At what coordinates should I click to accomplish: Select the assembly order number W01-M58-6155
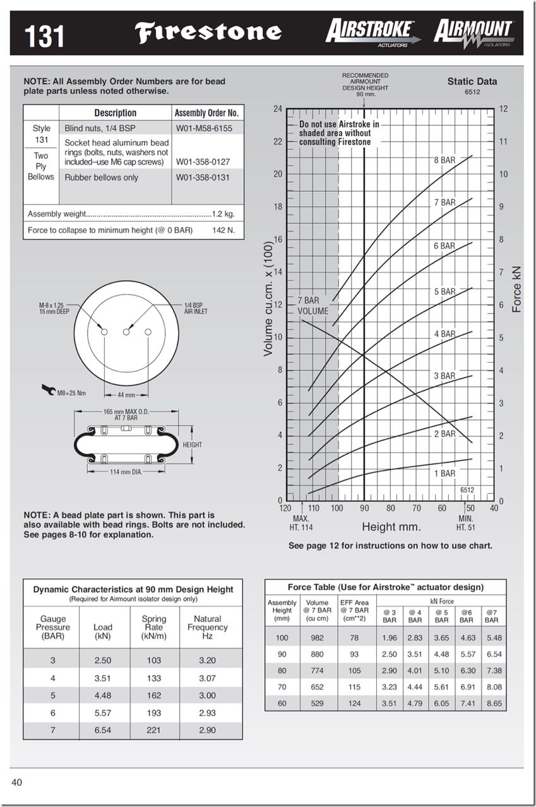pyautogui.click(x=204, y=128)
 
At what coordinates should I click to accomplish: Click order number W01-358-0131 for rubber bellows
pyautogui.click(x=203, y=177)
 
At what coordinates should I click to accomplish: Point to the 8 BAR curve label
pyautogui.click(x=444, y=160)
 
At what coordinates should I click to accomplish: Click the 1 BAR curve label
pyautogui.click(x=444, y=473)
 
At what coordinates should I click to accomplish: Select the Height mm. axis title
pyautogui.click(x=391, y=527)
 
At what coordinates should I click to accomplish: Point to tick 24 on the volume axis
pyautogui.click(x=278, y=109)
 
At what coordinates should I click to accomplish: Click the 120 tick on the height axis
pyautogui.click(x=285, y=508)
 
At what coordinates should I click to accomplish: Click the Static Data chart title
pyautogui.click(x=472, y=81)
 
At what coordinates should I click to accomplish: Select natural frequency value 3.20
pyautogui.click(x=207, y=661)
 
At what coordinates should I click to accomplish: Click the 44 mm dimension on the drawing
pyautogui.click(x=126, y=395)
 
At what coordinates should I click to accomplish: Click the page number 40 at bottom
pyautogui.click(x=16, y=783)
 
